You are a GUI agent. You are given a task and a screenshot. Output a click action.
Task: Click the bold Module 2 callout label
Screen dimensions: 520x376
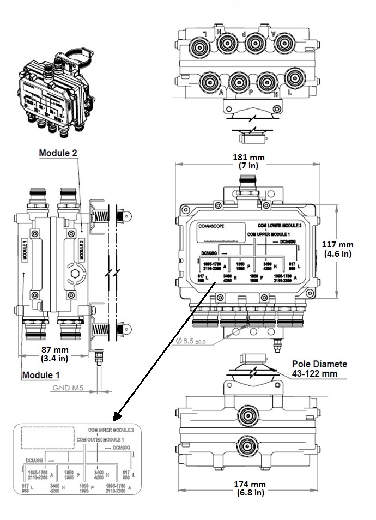click(x=58, y=153)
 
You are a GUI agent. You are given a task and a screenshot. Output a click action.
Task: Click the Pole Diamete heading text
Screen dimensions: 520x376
click(x=319, y=364)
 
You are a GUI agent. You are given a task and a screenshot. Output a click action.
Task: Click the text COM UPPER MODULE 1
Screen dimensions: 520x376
click(x=268, y=233)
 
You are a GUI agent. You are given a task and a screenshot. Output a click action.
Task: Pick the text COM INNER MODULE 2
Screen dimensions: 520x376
click(x=110, y=430)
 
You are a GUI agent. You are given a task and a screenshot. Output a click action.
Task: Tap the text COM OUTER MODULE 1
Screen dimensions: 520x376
click(x=101, y=439)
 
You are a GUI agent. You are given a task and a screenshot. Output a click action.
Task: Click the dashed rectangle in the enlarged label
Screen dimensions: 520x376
click(x=47, y=437)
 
